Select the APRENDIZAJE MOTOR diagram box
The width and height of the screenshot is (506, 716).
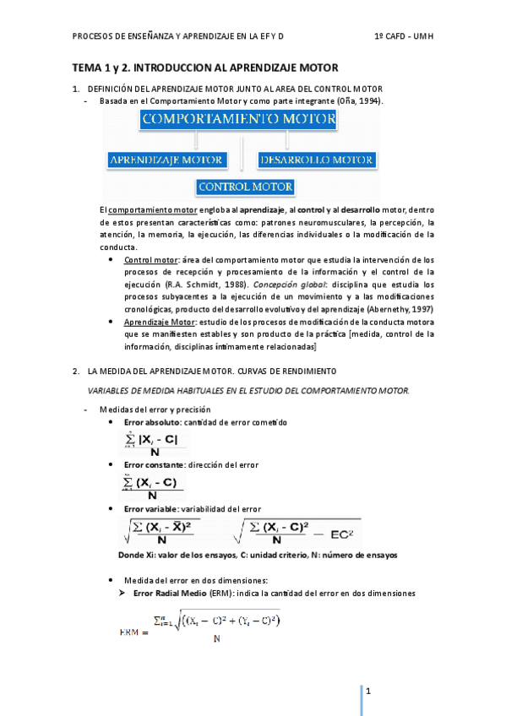[166, 159]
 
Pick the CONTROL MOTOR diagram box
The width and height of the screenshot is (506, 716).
[245, 187]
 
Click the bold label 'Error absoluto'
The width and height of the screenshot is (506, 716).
[150, 421]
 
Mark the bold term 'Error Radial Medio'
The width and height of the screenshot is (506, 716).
[163, 594]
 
